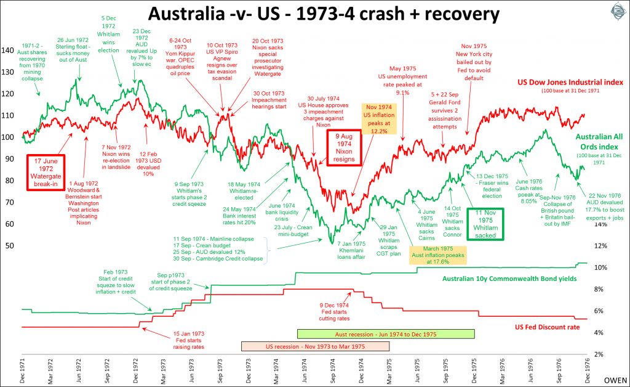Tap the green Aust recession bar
386,333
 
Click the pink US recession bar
324,346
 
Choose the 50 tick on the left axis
9,246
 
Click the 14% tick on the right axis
616,224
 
